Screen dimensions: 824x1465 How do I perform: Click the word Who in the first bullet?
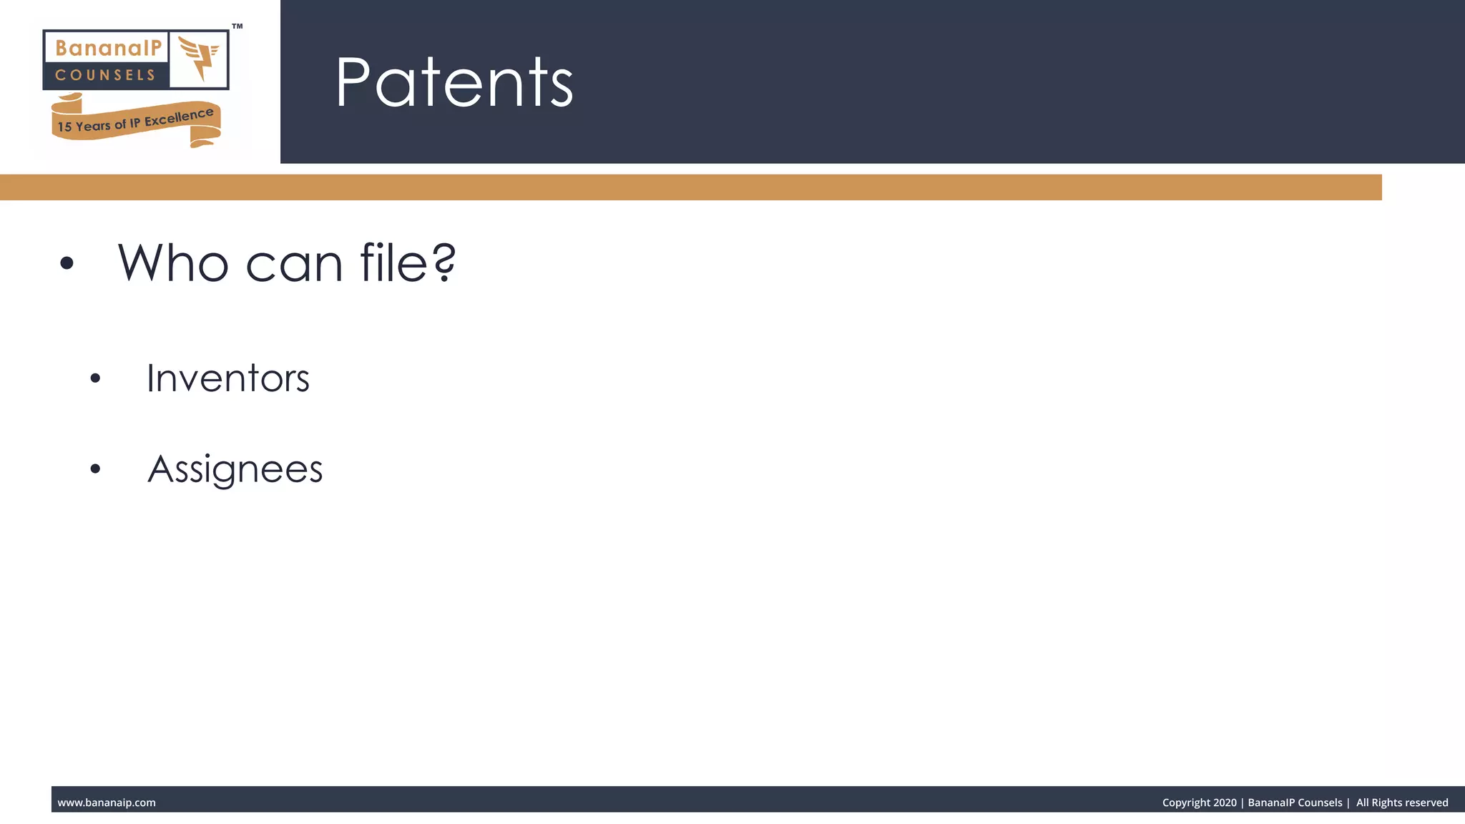pos(172,263)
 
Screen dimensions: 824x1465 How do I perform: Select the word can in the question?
pos(294,265)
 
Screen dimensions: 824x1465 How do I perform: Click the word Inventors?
pos(227,378)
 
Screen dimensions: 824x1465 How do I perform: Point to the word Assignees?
pos(235,470)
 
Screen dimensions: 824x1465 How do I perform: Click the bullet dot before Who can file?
pos(67,263)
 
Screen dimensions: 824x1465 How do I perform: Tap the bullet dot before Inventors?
pos(96,378)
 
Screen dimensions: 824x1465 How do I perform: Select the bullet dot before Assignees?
pos(96,469)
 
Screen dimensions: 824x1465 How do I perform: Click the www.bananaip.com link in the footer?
pos(107,803)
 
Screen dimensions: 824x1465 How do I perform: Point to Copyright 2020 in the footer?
pos(1199,803)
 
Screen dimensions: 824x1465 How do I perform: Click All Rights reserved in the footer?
pos(1401,803)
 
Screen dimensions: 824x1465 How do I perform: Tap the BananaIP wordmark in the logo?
pos(108,48)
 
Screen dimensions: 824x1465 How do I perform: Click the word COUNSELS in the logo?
pos(105,75)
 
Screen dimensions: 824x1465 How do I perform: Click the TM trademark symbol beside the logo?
pos(237,26)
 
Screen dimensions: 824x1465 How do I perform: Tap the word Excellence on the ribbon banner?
pos(179,117)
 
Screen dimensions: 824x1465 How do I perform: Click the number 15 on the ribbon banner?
pos(64,127)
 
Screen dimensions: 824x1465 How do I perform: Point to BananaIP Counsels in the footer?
pos(1295,803)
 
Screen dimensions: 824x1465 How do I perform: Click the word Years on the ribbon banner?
pos(93,126)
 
